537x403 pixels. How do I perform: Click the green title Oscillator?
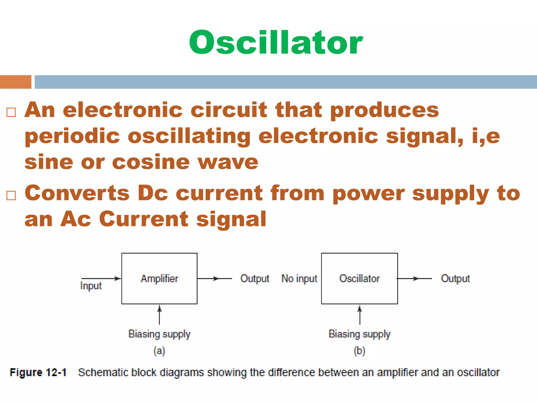click(276, 43)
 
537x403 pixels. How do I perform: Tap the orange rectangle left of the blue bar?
click(15, 82)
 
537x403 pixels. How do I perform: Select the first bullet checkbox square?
click(11, 112)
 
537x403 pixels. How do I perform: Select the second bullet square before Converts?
click(11, 195)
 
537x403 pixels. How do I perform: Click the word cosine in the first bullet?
click(151, 162)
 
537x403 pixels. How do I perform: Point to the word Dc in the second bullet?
click(153, 193)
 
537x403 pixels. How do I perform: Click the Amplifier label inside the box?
click(159, 278)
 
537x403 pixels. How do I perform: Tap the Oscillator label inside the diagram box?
click(359, 278)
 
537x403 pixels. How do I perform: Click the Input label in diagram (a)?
click(91, 286)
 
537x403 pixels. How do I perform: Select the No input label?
click(299, 278)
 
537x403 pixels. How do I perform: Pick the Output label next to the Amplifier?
click(255, 278)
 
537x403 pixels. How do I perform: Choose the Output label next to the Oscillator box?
click(455, 278)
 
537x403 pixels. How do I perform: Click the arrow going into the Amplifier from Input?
click(101, 278)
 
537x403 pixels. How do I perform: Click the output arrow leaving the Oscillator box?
click(414, 278)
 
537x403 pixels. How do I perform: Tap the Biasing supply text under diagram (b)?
click(359, 334)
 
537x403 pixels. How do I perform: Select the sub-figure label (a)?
click(159, 351)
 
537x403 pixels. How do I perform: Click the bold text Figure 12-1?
click(38, 372)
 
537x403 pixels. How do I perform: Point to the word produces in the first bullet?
click(384, 110)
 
